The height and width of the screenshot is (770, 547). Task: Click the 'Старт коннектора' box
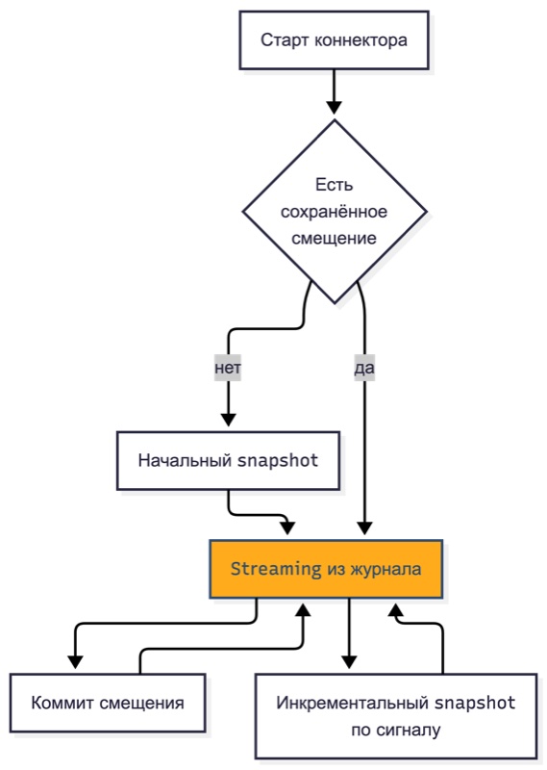point(334,40)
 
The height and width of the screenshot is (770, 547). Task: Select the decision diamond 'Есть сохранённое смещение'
point(335,212)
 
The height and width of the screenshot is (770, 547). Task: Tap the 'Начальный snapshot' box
point(228,461)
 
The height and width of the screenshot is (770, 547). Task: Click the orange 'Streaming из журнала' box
point(326,569)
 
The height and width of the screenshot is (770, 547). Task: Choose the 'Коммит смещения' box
point(108,703)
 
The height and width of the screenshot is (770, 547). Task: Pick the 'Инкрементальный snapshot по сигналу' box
point(396,716)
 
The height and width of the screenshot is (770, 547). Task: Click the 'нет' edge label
point(228,368)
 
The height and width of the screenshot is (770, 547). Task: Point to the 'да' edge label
point(364,368)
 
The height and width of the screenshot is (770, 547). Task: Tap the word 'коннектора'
point(361,40)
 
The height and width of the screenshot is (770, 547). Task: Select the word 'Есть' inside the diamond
point(335,185)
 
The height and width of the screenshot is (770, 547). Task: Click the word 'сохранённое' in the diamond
point(335,212)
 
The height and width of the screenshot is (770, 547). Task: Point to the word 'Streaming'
point(276,569)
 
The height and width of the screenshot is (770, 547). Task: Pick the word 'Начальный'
point(186,461)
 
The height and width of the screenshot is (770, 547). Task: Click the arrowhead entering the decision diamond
point(335,107)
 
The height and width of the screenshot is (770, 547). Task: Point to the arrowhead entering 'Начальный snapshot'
point(228,420)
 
